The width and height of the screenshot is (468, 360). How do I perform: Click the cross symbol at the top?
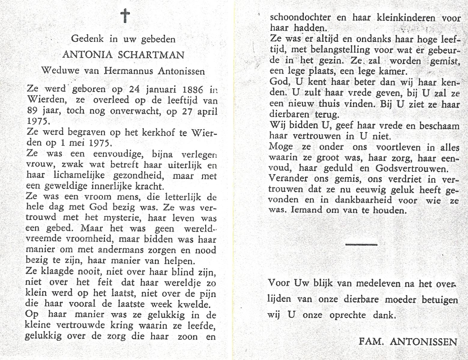(x=125, y=16)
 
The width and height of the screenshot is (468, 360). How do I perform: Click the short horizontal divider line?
(x=361, y=244)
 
